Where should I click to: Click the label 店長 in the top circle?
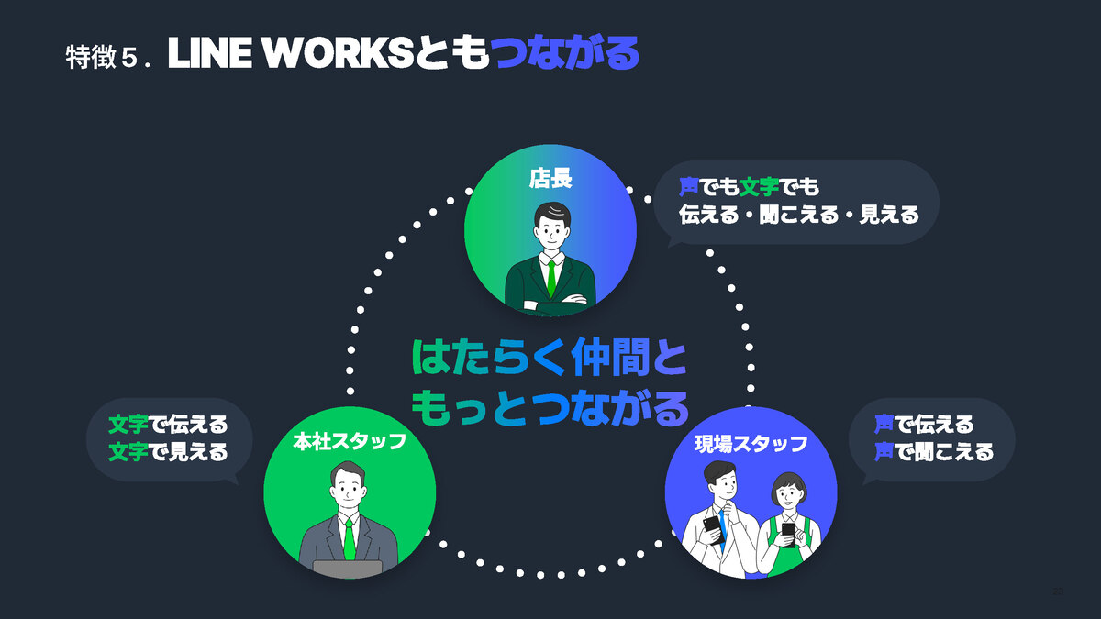tap(550, 178)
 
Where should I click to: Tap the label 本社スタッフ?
tap(349, 442)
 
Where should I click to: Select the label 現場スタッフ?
tap(751, 444)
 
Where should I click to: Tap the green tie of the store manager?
tap(550, 275)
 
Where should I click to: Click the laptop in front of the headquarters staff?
tap(348, 569)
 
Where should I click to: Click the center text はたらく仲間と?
tap(549, 358)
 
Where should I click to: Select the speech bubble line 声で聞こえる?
tap(933, 451)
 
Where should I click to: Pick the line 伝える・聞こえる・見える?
tap(798, 215)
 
